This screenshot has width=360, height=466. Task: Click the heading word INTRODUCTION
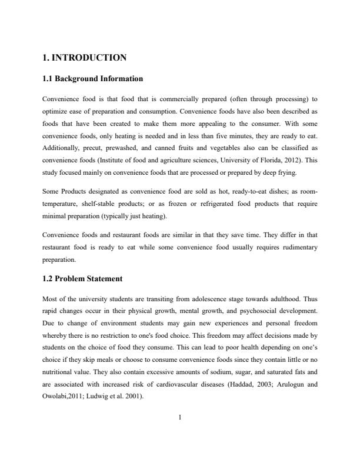pyautogui.click(x=90, y=58)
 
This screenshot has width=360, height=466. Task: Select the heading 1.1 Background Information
pyautogui.click(x=93, y=78)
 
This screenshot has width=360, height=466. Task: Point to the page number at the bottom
pyautogui.click(x=180, y=417)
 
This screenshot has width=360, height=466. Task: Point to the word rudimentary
pyautogui.click(x=294, y=247)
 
